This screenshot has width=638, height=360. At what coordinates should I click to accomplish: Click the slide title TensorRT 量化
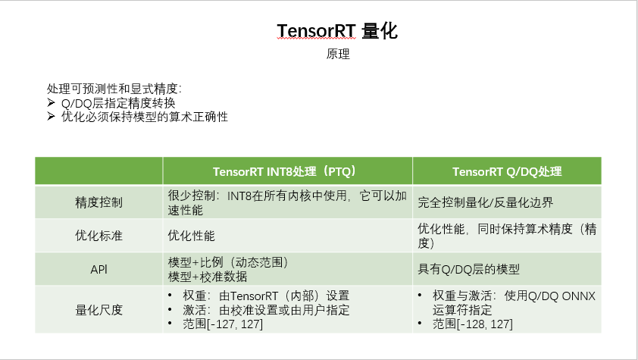tap(337, 30)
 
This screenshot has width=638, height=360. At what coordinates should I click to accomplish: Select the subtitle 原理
tap(337, 55)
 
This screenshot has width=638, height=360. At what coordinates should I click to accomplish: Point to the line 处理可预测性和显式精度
tap(114, 89)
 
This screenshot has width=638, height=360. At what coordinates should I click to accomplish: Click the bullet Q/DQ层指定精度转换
tap(118, 103)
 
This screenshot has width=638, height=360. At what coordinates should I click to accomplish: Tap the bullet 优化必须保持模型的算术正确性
tap(144, 117)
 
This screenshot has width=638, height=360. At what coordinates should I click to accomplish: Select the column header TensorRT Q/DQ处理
tap(507, 171)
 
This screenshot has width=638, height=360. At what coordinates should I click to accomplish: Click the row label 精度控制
tap(99, 203)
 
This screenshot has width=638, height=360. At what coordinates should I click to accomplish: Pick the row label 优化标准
tap(99, 236)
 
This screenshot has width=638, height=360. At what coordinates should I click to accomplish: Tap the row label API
tap(99, 269)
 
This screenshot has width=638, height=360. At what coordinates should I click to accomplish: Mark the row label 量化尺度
tap(99, 309)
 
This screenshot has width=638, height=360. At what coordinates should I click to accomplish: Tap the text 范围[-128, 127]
tap(472, 324)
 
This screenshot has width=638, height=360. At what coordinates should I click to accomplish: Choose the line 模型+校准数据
tap(204, 276)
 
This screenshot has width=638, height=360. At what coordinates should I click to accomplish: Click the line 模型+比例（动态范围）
tap(228, 262)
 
